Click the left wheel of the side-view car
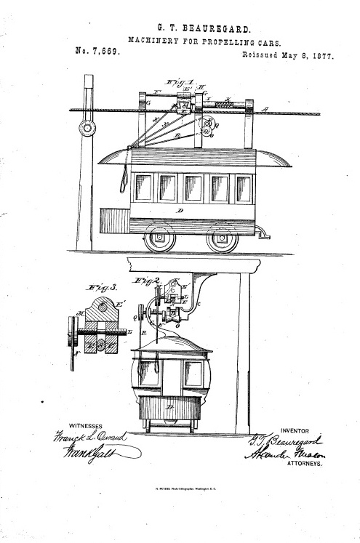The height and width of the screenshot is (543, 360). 159,237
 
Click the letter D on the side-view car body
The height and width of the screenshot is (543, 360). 180,212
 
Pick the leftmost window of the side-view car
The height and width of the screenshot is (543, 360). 143,188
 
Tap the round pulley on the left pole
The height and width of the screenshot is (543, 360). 88,129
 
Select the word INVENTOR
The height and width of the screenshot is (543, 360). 300,430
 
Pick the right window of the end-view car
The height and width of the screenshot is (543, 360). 193,374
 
